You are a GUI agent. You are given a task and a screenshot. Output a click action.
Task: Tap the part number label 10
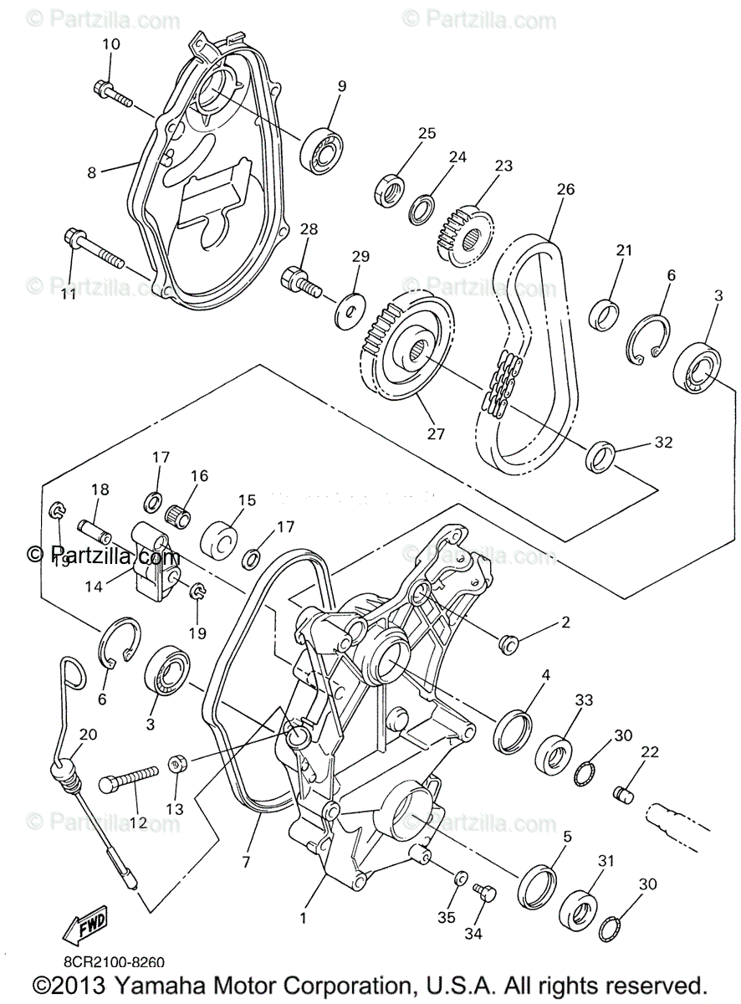(111, 44)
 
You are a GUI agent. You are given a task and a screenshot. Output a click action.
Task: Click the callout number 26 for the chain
(565, 190)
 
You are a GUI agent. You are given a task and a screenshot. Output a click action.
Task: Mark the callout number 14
(93, 587)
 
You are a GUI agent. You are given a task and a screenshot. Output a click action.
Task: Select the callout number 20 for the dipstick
(88, 735)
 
